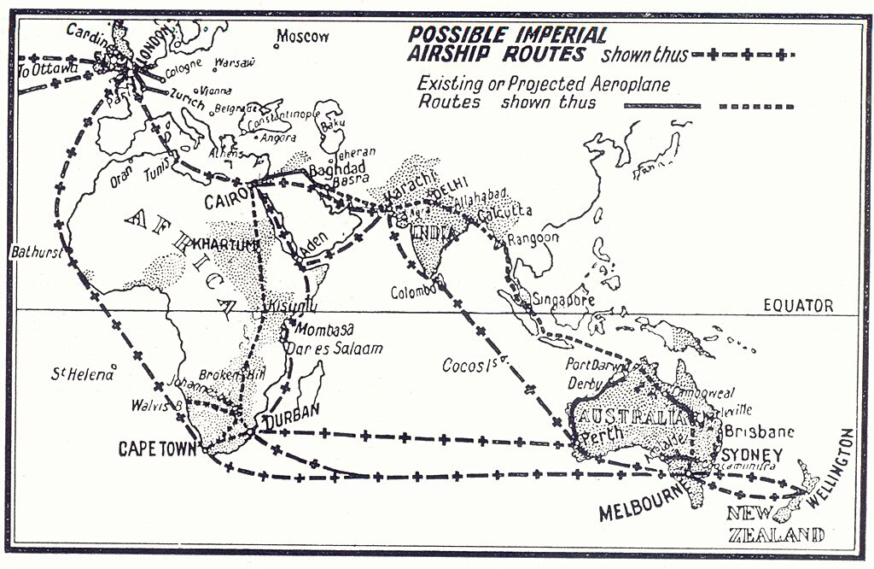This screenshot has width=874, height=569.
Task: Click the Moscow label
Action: (303, 37)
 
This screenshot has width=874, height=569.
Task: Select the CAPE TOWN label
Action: (159, 447)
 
